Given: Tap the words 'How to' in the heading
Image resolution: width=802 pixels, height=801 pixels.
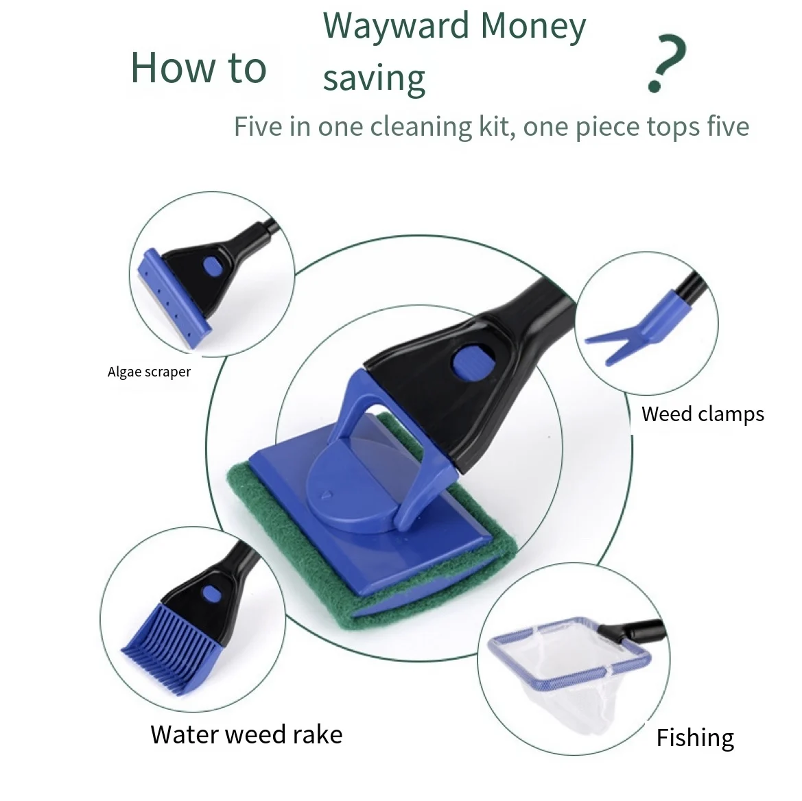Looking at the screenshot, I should click(198, 68).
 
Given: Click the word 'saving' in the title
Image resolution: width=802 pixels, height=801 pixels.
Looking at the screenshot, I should click(374, 79).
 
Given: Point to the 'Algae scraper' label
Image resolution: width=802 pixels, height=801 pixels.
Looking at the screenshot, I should click(149, 372).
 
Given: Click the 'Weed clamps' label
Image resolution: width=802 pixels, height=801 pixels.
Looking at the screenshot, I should click(703, 414).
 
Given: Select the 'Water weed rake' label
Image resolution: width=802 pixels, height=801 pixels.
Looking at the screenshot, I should click(246, 734).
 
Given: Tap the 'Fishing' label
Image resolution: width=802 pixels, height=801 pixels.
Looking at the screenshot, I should click(695, 738).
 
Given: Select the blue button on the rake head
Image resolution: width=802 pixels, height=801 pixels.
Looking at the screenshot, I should click(209, 593).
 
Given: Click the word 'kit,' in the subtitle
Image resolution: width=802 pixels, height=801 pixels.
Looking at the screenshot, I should click(494, 128).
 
